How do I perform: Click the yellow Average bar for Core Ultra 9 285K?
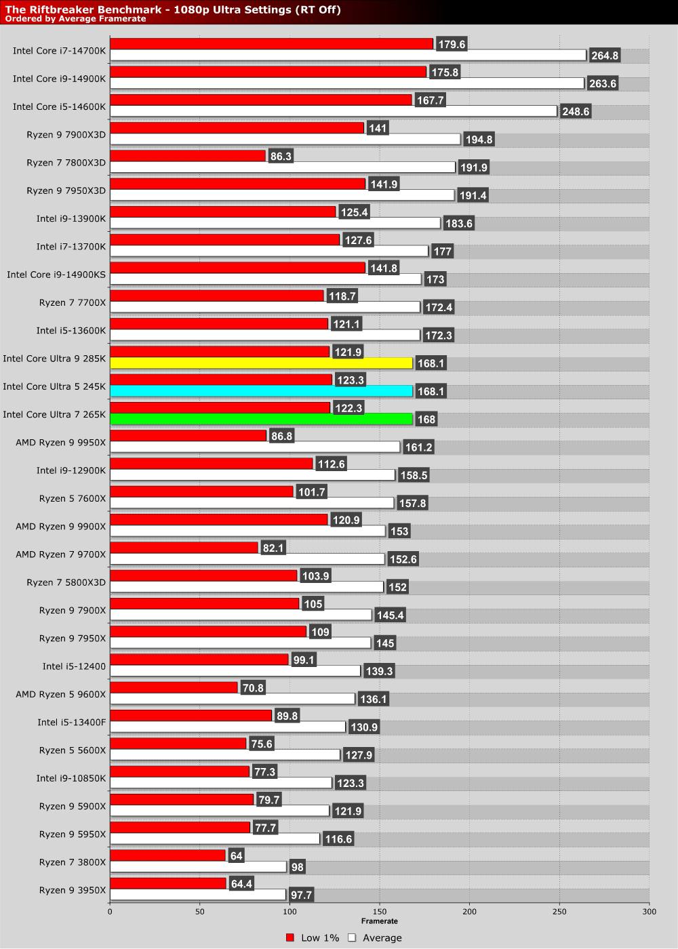[261, 363]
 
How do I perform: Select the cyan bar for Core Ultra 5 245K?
[261, 391]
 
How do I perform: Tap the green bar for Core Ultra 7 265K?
[261, 419]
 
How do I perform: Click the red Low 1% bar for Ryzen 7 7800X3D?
[187, 156]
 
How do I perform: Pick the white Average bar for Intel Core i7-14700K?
[348, 56]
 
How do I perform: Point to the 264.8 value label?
[605, 56]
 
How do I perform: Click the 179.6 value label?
[452, 44]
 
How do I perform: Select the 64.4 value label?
[241, 884]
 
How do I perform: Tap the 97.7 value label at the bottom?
[301, 895]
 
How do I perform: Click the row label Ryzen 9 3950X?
[73, 890]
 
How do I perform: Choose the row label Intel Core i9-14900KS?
[56, 275]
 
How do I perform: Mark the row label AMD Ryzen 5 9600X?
[61, 694]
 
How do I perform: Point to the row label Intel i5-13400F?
[72, 723]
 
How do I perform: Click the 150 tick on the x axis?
[380, 912]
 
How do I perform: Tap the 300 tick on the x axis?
[649, 912]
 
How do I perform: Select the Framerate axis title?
[380, 921]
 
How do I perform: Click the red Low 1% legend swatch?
[290, 938]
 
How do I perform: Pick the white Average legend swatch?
[352, 938]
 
